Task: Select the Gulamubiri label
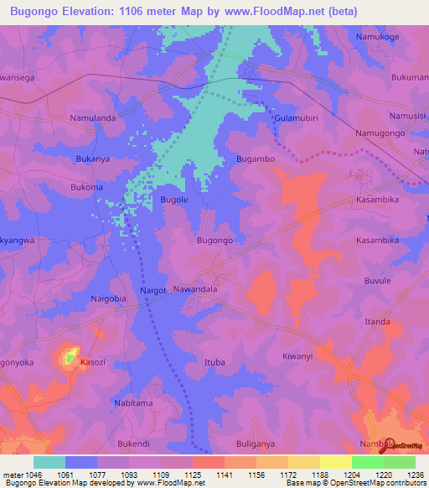point(297,119)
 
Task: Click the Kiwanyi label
point(297,356)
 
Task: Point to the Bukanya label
point(93,158)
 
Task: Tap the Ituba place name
point(214,362)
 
